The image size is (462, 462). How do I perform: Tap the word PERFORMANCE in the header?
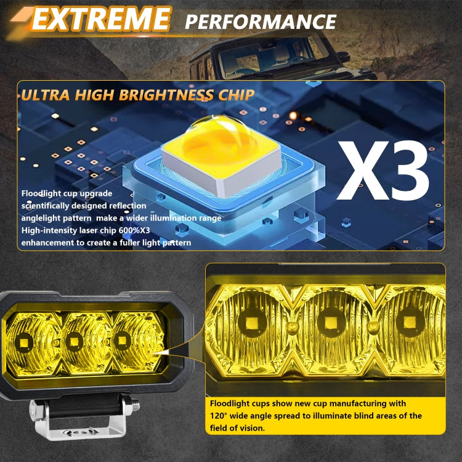[261, 22]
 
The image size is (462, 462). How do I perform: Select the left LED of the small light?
[25, 341]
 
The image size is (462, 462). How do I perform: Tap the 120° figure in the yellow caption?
[220, 416]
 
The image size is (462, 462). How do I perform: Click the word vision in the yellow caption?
[251, 428]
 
